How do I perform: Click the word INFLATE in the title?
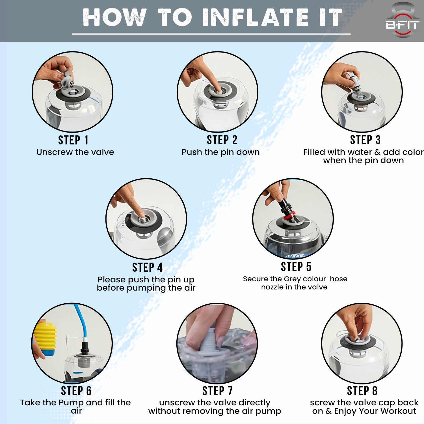[256, 17]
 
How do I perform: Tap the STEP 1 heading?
[73, 140]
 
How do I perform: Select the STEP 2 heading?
[222, 140]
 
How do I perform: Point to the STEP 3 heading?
[365, 140]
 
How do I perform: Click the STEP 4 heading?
[147, 267]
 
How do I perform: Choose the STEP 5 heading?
[296, 267]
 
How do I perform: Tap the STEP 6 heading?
[76, 391]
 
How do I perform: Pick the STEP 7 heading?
[217, 391]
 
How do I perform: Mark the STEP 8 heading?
[362, 391]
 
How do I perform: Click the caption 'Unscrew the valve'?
[75, 152]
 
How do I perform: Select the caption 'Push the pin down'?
[220, 152]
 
